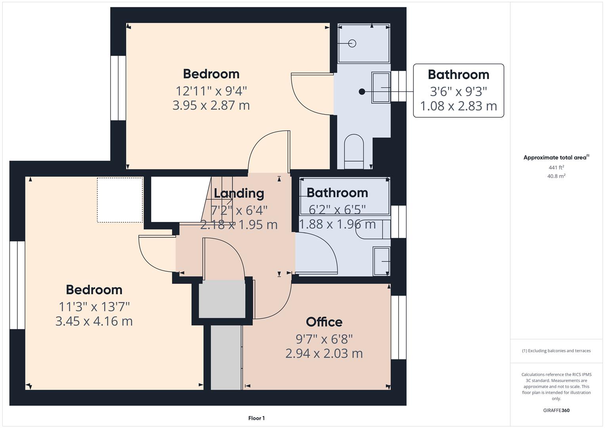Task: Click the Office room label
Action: click(324, 322)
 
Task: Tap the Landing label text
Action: click(239, 193)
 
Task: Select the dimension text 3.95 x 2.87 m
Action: click(211, 105)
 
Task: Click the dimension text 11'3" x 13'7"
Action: click(94, 306)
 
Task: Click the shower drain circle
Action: click(352, 44)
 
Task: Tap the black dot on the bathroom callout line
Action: click(362, 92)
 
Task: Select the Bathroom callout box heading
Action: click(458, 75)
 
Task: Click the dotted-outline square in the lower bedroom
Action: click(120, 200)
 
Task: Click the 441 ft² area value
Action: click(556, 168)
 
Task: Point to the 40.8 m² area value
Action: click(556, 176)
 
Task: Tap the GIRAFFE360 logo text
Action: click(556, 410)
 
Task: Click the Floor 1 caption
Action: click(256, 418)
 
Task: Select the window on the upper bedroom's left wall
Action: click(118, 88)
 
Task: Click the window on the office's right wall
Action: click(399, 327)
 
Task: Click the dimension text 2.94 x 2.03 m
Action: click(324, 353)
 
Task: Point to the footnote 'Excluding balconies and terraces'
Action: click(556, 351)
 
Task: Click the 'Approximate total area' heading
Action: click(555, 158)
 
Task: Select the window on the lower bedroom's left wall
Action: click(17, 285)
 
